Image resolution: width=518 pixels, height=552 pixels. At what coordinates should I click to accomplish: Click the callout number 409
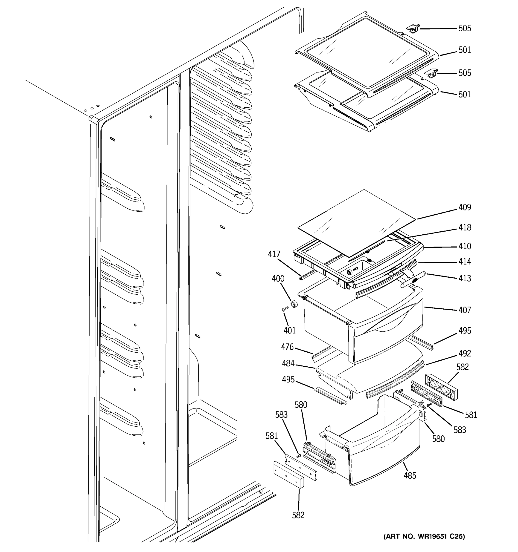coord(465,207)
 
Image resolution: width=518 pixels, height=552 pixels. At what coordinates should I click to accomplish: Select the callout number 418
coord(465,227)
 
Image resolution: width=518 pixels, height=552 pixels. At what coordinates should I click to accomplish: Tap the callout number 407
coord(465,310)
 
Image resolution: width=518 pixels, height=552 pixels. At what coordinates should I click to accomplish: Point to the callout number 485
coord(410,476)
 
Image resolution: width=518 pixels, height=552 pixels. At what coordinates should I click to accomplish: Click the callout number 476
coord(287,347)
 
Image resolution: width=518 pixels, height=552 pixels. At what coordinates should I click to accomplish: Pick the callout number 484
coord(288,363)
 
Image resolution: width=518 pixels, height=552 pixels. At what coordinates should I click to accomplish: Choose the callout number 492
coord(465,354)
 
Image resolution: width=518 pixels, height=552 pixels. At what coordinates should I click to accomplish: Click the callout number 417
coord(274,254)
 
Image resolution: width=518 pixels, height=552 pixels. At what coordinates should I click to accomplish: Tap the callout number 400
coord(278,279)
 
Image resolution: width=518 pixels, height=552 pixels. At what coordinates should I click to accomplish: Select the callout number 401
coord(290,331)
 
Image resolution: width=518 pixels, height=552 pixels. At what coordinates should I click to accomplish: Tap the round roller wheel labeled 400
coord(294,304)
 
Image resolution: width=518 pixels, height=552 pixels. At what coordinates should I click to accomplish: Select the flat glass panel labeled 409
coord(356,222)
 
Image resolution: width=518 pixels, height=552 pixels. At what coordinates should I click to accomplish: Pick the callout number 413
coord(465,278)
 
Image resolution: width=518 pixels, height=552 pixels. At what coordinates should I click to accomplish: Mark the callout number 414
coord(465,262)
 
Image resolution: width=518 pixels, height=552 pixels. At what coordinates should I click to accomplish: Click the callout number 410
coord(465,246)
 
